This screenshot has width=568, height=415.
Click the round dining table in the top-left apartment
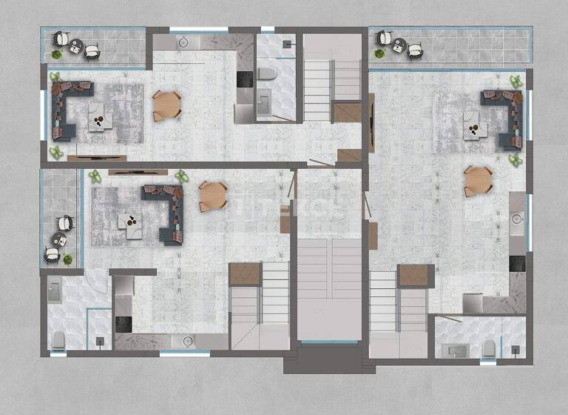[166, 105]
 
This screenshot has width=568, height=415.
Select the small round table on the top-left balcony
[75, 47]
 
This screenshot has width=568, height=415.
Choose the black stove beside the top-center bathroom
[244, 79]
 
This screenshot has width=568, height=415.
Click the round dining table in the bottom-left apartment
[213, 196]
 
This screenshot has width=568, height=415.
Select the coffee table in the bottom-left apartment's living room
[134, 225]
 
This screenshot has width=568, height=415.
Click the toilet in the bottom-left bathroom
[58, 339]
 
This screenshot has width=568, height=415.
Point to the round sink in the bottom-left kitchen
[186, 341]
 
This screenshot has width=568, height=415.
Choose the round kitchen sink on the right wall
[517, 219]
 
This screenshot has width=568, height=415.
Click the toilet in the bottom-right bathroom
[488, 349]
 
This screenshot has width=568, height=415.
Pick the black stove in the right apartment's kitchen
[517, 263]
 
